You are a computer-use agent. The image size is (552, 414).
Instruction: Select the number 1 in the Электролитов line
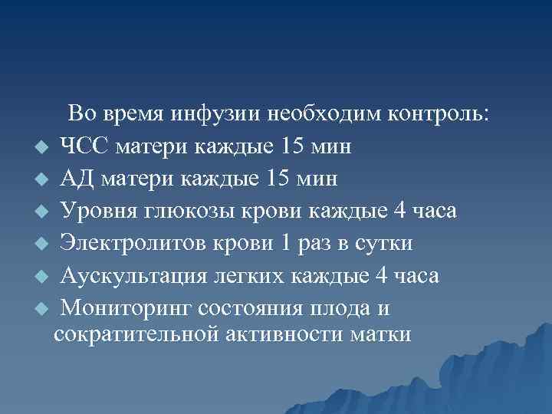286,243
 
